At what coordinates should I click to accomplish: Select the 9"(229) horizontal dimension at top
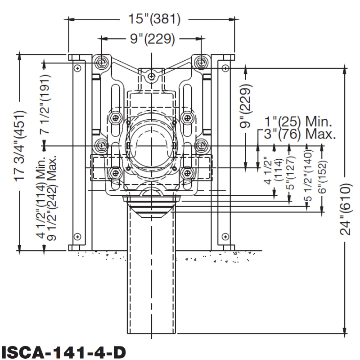tap(152, 39)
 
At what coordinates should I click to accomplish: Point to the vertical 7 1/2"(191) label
tap(45, 104)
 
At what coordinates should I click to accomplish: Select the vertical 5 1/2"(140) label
tap(308, 180)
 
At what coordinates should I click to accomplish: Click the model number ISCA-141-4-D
tap(63, 351)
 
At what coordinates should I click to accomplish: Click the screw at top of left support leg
tap(78, 67)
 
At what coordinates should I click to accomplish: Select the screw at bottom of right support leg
tap(224, 236)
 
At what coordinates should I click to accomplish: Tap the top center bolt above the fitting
tap(152, 76)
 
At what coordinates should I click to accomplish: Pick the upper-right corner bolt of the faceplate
tap(201, 61)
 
